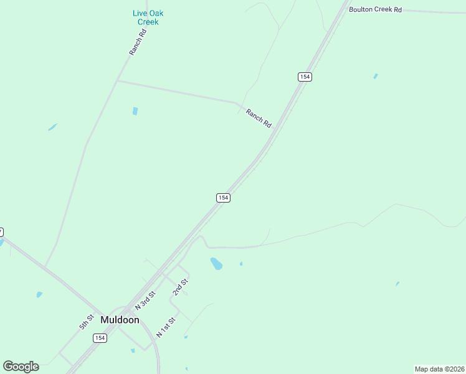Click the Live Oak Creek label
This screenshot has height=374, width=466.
coord(148,17)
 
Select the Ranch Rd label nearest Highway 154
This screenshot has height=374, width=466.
coord(259,118)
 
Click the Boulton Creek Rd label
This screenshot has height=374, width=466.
coord(375,9)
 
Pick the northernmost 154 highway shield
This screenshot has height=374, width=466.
coord(304,77)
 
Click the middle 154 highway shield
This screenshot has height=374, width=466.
coord(224,198)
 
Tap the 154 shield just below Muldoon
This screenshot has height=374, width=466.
coord(100,338)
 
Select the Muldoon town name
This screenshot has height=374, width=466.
coord(120,320)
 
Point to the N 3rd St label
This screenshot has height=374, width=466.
coord(144,302)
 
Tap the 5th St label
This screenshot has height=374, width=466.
coord(86,322)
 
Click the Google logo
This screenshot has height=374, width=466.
coord(21,367)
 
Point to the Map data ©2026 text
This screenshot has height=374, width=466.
coord(439,369)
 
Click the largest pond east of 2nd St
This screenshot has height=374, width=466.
coord(216,264)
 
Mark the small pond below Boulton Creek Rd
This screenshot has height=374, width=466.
coord(375,76)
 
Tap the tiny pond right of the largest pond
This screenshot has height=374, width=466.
coord(241,264)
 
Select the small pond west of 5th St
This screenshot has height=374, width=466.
coord(39,294)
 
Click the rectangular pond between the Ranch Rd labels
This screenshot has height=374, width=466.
coord(135,112)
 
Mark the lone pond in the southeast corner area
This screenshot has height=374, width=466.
coord(397,284)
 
